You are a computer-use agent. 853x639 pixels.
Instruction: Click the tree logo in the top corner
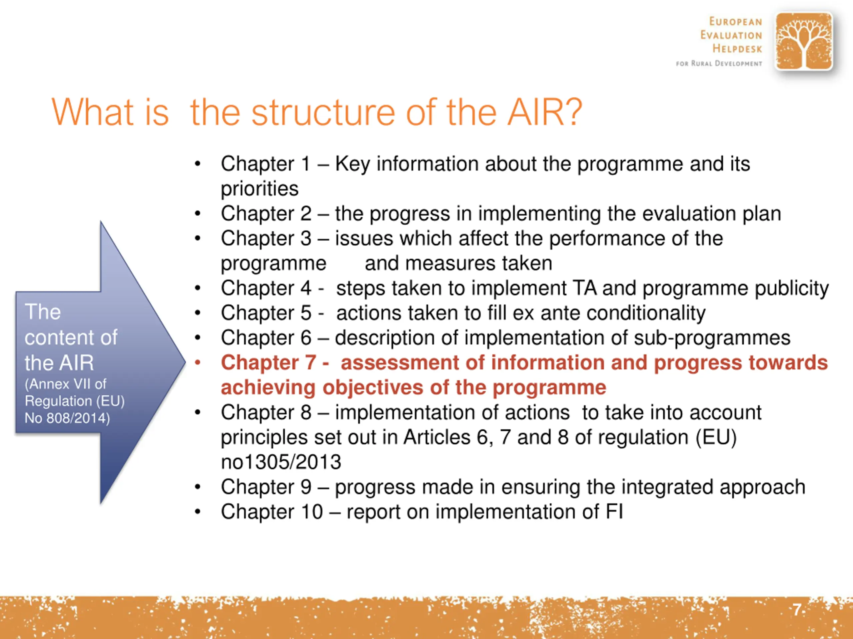click(x=804, y=41)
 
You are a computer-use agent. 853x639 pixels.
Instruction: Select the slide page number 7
click(x=797, y=610)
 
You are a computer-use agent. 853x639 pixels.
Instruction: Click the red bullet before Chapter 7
click(x=198, y=362)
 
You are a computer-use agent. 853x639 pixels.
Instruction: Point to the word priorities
click(x=260, y=189)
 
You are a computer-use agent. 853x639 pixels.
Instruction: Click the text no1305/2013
click(x=281, y=462)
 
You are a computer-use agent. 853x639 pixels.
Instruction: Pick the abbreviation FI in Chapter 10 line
click(x=614, y=512)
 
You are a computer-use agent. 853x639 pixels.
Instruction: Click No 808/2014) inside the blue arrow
click(x=67, y=418)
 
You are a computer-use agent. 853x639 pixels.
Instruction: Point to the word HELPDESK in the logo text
click(x=737, y=49)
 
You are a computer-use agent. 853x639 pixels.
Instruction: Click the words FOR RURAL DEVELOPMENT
click(x=719, y=64)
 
